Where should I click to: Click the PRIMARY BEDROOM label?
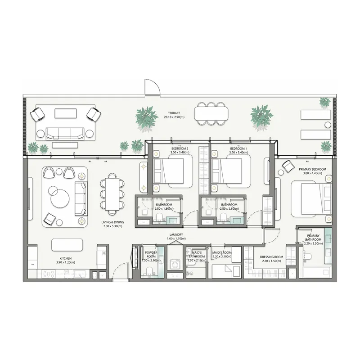coord(312,169)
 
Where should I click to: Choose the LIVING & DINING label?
coord(112,222)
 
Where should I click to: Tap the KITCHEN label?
coord(64,258)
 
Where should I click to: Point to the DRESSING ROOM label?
coord(272,257)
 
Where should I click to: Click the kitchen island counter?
coord(67,244)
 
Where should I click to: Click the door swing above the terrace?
coord(151,87)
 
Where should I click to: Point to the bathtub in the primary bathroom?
coord(315,271)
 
